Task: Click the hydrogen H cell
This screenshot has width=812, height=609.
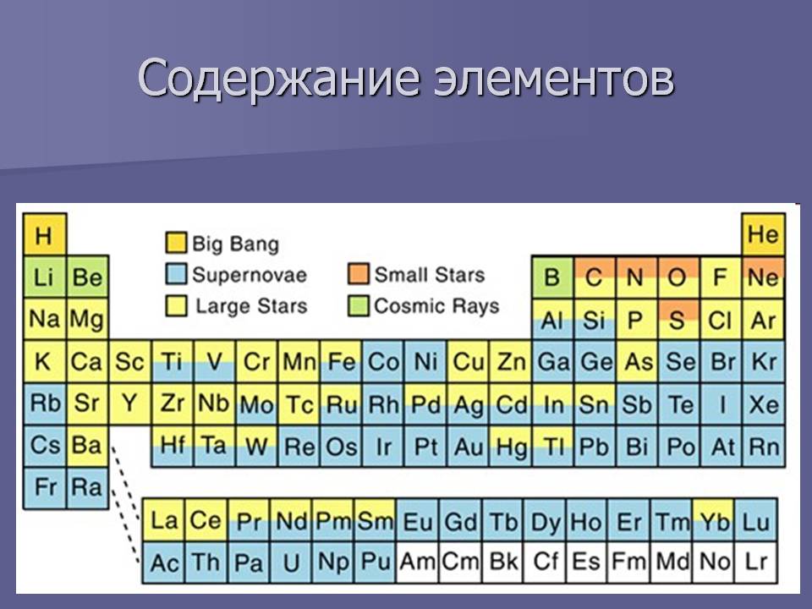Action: coord(45,234)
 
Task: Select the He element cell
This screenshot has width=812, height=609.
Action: coord(763,234)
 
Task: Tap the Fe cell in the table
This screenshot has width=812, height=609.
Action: coord(341,361)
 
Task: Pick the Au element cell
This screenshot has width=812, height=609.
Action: coord(468,447)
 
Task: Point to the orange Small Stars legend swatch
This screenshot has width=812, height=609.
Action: coord(359,274)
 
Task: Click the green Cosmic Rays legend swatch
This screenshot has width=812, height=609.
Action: coord(359,305)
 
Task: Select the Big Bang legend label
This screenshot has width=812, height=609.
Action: coord(236,244)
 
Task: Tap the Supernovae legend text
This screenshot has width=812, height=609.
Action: coord(250,274)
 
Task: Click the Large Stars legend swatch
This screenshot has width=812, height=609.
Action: coord(176,305)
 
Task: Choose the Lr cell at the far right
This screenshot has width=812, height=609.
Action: coord(756,562)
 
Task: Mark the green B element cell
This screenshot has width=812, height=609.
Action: coord(552,277)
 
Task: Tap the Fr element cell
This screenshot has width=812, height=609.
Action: coord(45,488)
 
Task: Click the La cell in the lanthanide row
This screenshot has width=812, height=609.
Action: coord(163,520)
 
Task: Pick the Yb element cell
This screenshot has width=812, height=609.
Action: coord(714,520)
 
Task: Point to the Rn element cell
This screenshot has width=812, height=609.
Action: coord(763,447)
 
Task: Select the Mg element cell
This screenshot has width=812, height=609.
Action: coord(87,319)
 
